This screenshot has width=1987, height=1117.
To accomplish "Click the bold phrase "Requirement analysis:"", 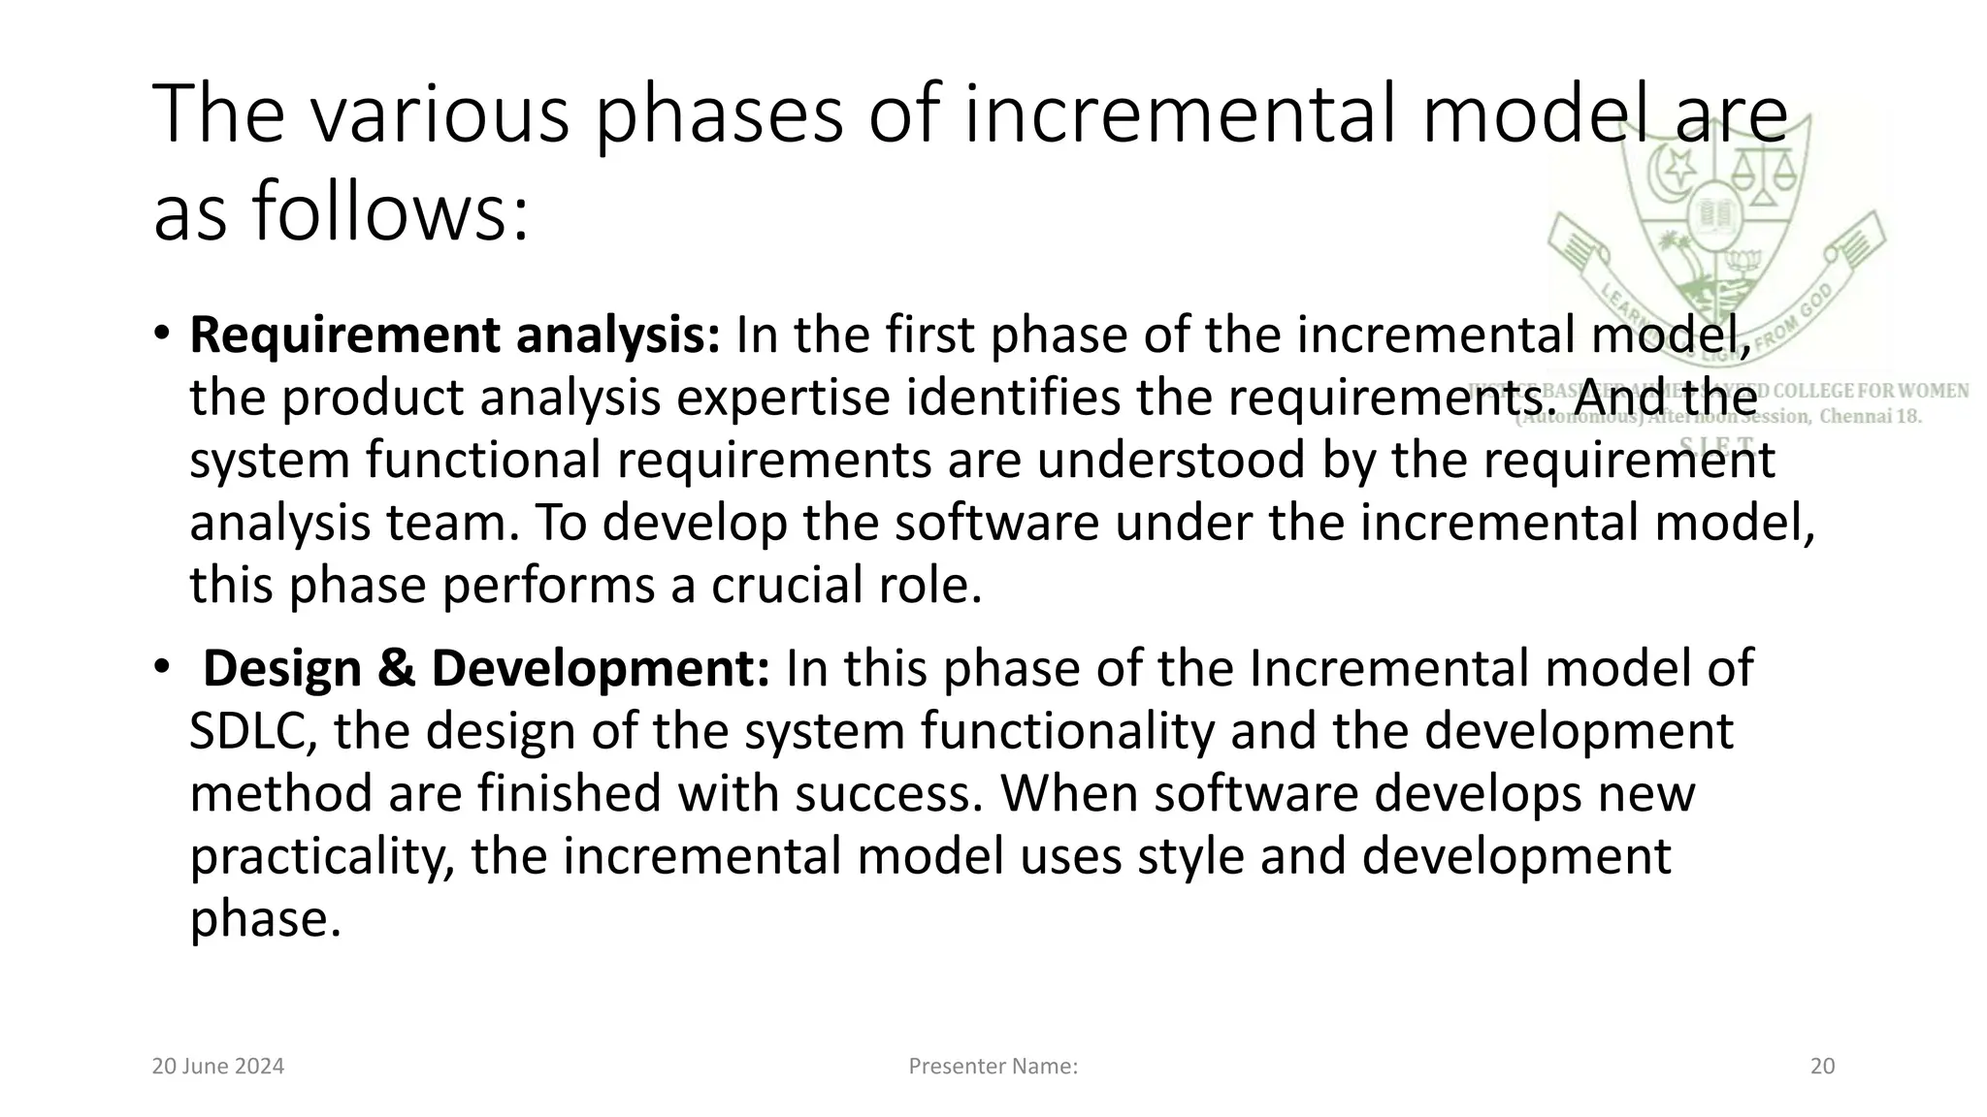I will pos(454,335).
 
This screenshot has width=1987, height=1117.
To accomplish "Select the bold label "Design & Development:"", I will pos(486,669).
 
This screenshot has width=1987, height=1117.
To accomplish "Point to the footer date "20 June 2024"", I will pos(218,1067).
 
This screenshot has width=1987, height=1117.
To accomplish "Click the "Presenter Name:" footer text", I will pos(993,1067).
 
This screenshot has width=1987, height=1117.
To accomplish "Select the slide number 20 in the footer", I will pos(1822,1067).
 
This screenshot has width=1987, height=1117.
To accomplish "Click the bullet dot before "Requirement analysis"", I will pos(161,334).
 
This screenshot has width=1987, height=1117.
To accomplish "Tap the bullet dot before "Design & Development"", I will pos(161,667).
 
